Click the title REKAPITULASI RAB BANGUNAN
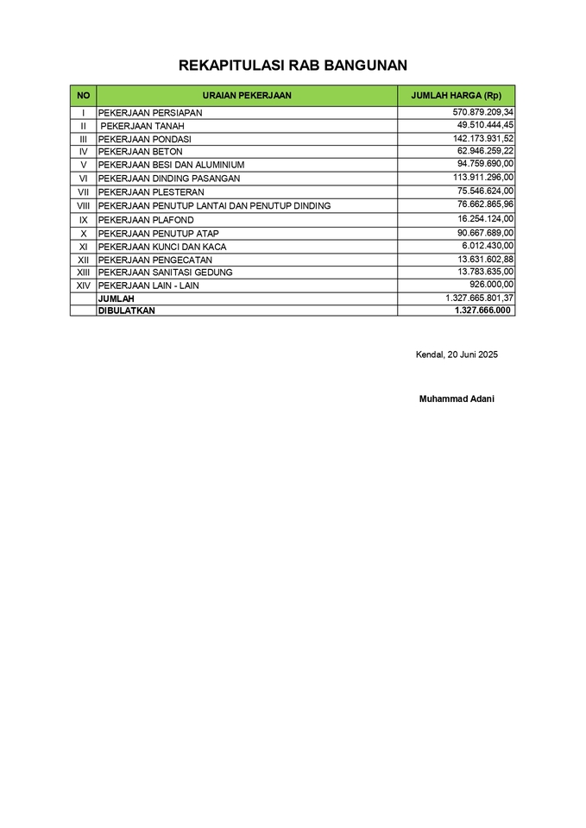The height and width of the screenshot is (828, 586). [x=293, y=66]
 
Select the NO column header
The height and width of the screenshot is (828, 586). [x=83, y=95]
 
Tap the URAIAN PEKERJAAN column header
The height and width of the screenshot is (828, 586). [x=246, y=95]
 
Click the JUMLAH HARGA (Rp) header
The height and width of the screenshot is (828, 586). [x=456, y=95]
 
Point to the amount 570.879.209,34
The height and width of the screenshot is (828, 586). [x=482, y=112]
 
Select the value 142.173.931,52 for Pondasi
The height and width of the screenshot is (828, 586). [x=482, y=138]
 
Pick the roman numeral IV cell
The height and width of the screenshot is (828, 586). [x=83, y=152]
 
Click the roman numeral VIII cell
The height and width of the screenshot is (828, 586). [x=83, y=205]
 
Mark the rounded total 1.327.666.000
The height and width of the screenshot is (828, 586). [x=482, y=310]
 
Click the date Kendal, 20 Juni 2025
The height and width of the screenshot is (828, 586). [x=457, y=354]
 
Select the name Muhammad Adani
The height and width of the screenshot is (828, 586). [x=457, y=399]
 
